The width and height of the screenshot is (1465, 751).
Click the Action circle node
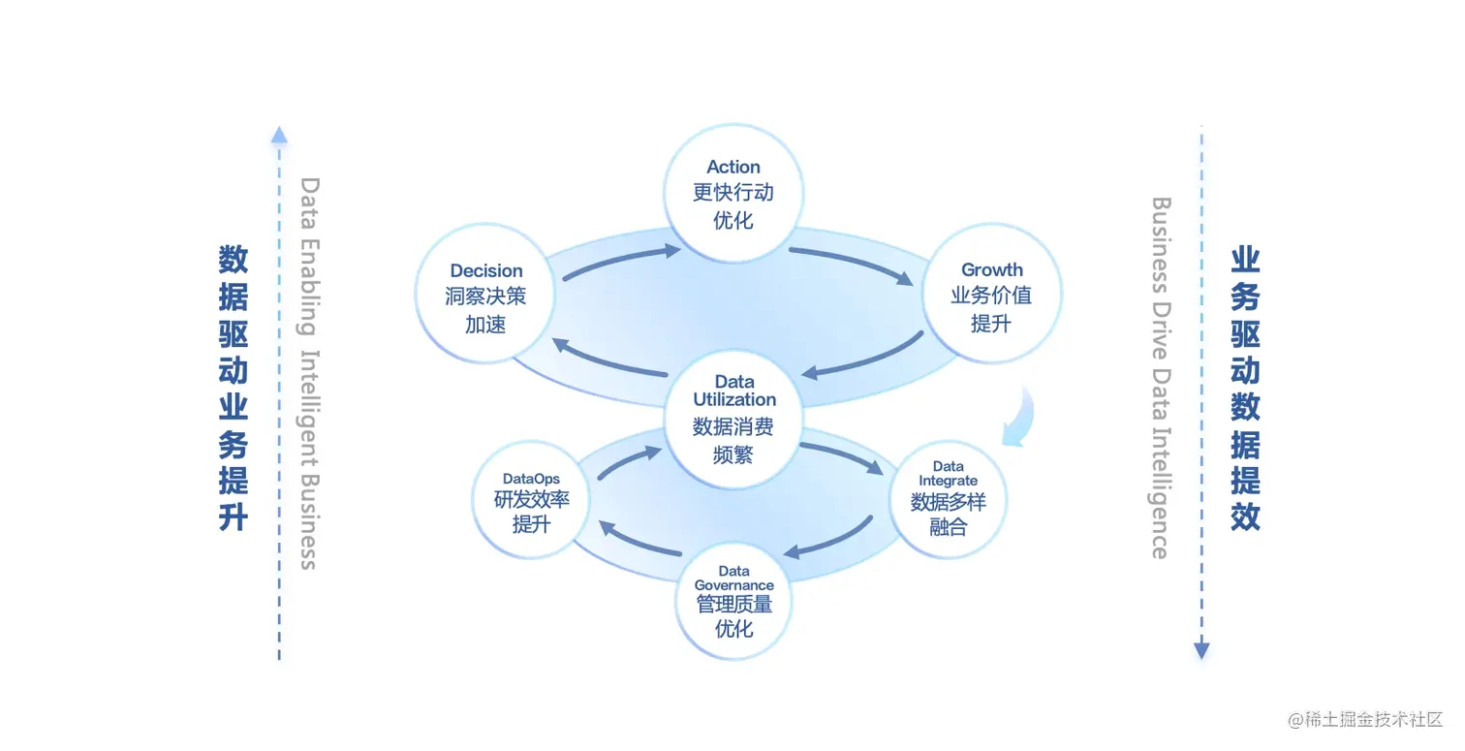733,193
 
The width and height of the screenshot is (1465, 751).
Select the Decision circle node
485,295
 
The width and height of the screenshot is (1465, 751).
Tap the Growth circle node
991,295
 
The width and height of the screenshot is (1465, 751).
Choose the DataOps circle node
531,500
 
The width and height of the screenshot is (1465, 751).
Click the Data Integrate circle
948,500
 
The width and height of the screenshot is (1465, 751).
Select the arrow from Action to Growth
851,264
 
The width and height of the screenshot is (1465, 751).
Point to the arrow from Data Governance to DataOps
639,540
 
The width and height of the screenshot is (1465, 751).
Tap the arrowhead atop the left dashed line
279,135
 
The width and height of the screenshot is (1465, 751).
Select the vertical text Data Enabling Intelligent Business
309,373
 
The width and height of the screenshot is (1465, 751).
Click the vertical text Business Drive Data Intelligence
1160,378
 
